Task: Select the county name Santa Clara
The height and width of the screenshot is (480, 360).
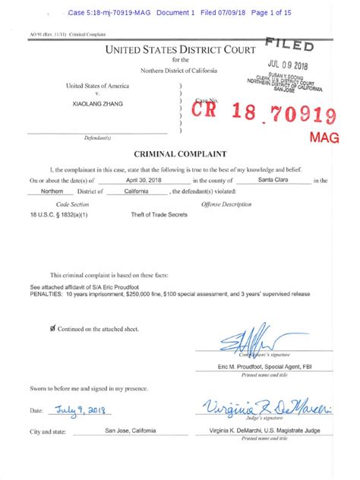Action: point(273,180)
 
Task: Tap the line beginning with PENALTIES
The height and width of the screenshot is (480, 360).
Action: point(171,295)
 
